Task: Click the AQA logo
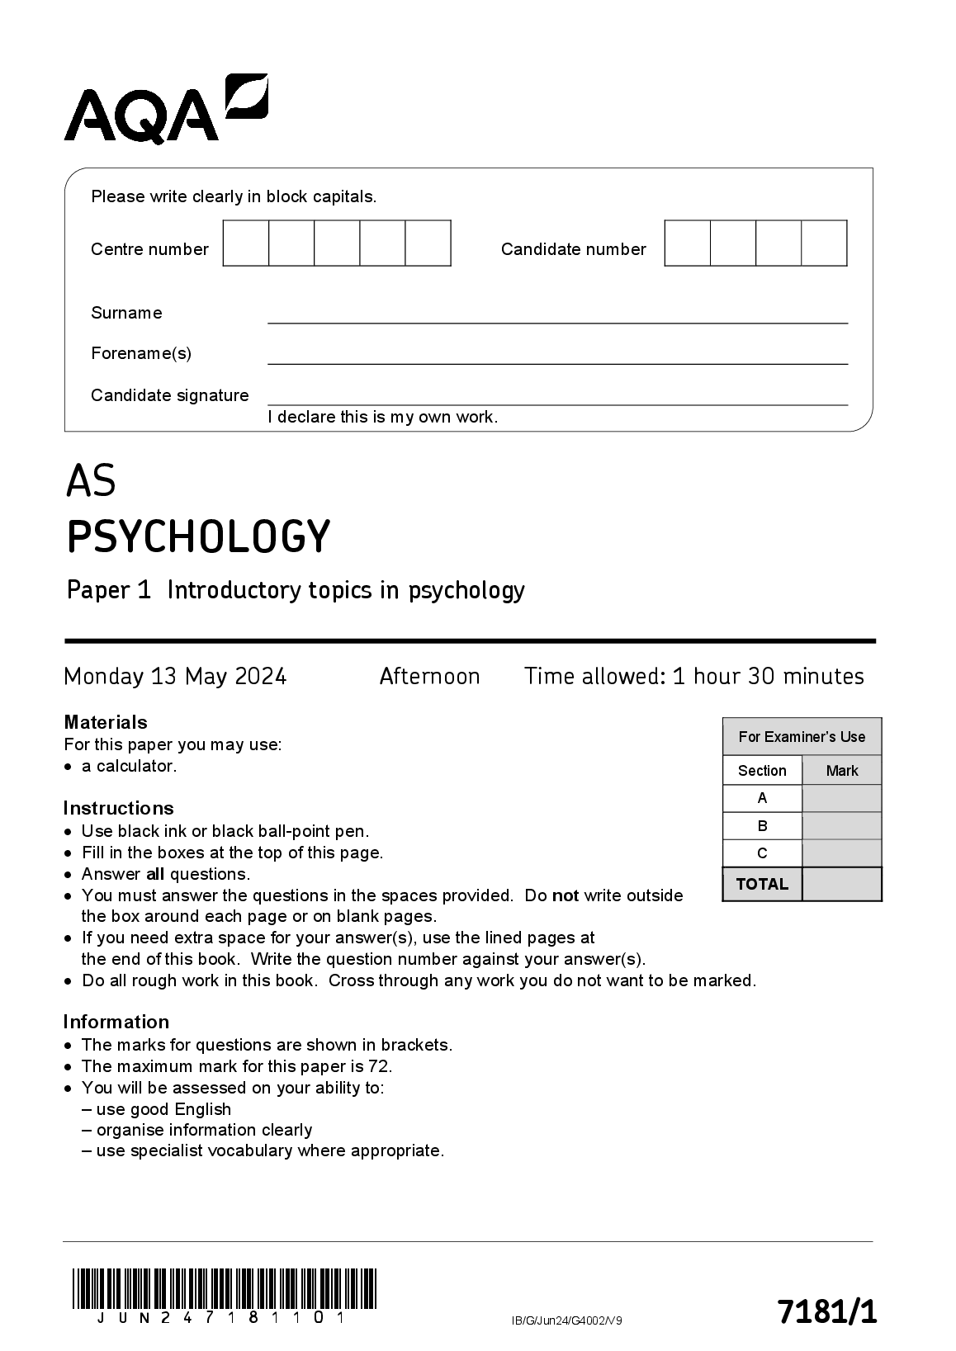pos(165,110)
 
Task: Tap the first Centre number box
pos(246,243)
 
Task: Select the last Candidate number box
pos(824,243)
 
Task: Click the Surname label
pos(126,313)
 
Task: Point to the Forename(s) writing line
pos(557,362)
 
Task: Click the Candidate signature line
pos(557,404)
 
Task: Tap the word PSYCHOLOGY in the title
pos(198,536)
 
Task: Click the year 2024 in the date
pos(261,677)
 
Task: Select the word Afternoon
pos(429,677)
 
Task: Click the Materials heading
pos(106,722)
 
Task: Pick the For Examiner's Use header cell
pos(802,737)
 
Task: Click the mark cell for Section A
pos(841,798)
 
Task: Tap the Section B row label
pos(762,826)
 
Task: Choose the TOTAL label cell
pos(762,884)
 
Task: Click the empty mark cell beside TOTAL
pos(841,884)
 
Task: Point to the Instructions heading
pos(119,808)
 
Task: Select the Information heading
pos(116,1022)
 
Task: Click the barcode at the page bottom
pos(224,1288)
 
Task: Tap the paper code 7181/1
pos(826,1311)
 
